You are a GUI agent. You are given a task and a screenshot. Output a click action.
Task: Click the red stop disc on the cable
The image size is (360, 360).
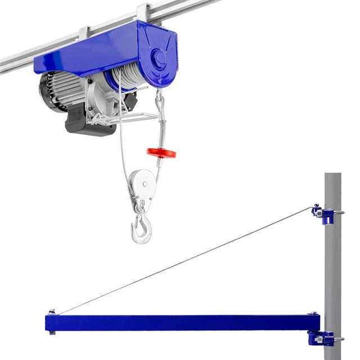tap(161, 152)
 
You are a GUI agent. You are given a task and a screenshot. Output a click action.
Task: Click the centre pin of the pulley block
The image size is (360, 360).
tap(145, 183)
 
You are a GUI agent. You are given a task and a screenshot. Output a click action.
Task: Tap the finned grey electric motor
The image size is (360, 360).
tap(62, 90)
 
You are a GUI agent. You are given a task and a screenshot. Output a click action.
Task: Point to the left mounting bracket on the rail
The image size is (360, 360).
tap(84, 33)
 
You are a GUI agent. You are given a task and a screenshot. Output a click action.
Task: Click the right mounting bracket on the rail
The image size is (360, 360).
tap(142, 12)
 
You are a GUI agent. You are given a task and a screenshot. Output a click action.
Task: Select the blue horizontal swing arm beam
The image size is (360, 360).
tap(180, 322)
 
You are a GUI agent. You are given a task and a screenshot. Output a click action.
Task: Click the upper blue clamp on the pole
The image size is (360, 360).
tap(325, 214)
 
